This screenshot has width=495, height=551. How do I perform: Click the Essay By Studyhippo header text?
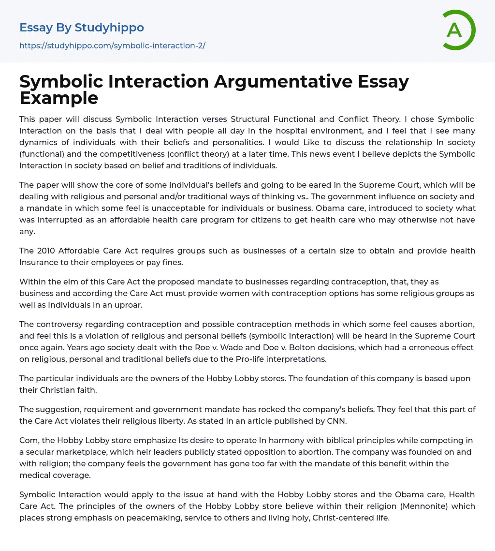click(x=82, y=28)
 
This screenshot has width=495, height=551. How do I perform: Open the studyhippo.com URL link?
click(x=112, y=45)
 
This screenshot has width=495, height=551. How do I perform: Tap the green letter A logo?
click(x=454, y=30)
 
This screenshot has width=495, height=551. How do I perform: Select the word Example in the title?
click(x=59, y=98)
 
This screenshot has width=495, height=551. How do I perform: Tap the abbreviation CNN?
click(x=335, y=421)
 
